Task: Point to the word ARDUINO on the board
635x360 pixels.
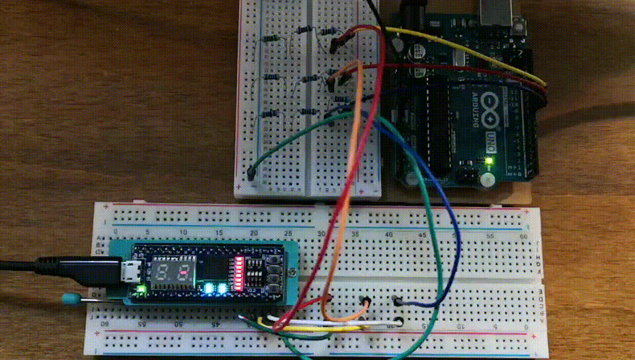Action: pos(476,109)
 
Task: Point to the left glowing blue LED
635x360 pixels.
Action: pos(209,288)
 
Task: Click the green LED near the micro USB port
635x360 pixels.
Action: pos(141,289)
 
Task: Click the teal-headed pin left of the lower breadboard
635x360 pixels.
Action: pos(68,298)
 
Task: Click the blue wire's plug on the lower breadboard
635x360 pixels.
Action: pos(398,301)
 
